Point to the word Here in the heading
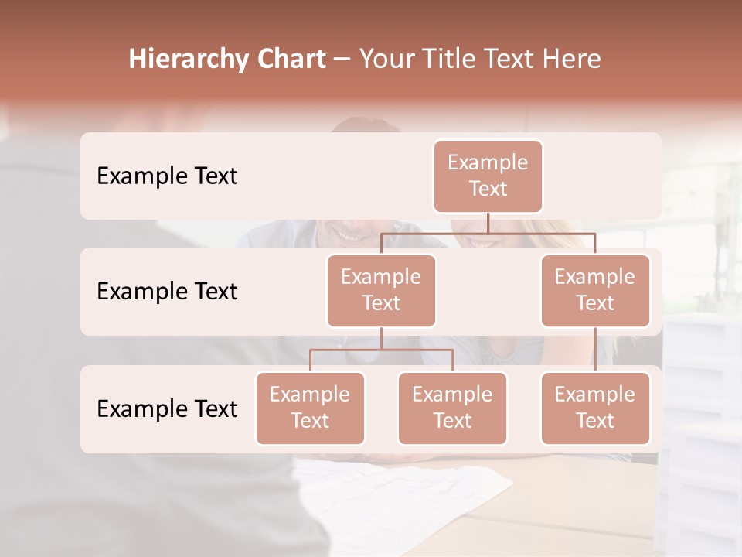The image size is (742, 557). tap(570, 60)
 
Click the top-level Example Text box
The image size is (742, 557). tap(488, 176)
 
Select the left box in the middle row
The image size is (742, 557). tap(381, 290)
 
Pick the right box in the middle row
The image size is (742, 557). tap(595, 290)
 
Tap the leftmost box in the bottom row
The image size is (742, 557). tap(310, 408)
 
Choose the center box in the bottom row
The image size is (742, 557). tap(452, 408)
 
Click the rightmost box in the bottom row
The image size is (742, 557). tap(595, 408)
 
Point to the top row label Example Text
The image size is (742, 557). tap(167, 176)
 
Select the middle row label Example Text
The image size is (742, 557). tap(167, 292)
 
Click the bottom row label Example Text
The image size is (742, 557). tap(167, 408)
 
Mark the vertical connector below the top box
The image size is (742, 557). tap(488, 223)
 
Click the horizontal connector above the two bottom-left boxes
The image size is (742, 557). tap(381, 350)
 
